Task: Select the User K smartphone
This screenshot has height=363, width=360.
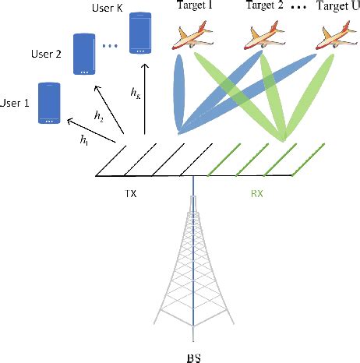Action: point(140,33)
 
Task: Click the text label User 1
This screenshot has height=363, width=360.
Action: point(16,101)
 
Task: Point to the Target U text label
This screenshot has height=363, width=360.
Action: point(335,8)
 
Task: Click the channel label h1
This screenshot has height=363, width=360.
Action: point(83,141)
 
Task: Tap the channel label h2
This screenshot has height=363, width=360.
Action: point(98,116)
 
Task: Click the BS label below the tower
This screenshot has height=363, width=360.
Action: point(196,355)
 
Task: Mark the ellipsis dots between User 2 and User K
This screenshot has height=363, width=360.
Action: point(110,46)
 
